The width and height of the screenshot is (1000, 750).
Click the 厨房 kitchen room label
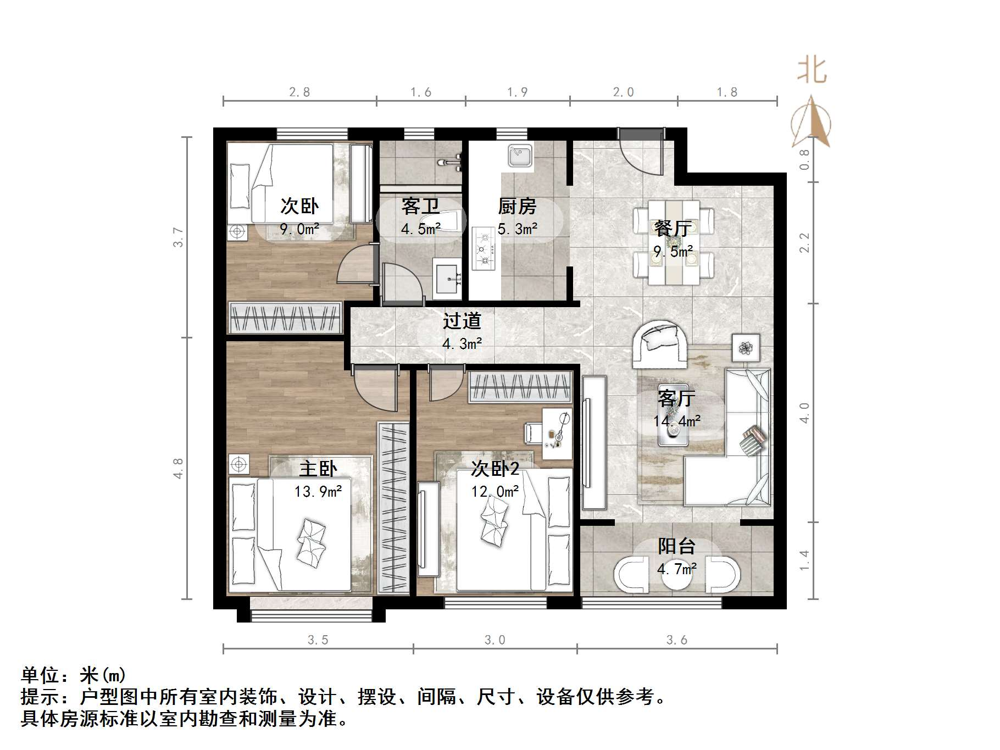point(516,207)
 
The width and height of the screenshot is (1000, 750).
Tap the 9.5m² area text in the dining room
point(673,252)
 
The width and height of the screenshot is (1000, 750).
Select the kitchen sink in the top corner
point(519,155)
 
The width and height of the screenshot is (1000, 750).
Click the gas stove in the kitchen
point(484,250)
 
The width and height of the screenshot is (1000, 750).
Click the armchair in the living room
point(659,345)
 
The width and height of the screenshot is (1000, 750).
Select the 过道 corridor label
point(462,321)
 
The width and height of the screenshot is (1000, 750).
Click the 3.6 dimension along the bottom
point(677,640)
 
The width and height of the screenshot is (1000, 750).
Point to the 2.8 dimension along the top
point(299,92)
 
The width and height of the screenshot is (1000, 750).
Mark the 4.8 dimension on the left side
point(179,468)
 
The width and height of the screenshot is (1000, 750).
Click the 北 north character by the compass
point(812,71)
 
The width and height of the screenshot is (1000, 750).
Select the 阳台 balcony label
point(676,546)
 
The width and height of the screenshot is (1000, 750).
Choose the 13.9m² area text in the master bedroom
point(318,491)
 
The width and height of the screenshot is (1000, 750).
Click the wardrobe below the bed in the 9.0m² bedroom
point(285,318)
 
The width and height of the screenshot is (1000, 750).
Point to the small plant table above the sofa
point(746,347)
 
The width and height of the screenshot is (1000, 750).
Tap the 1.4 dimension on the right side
point(805,560)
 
